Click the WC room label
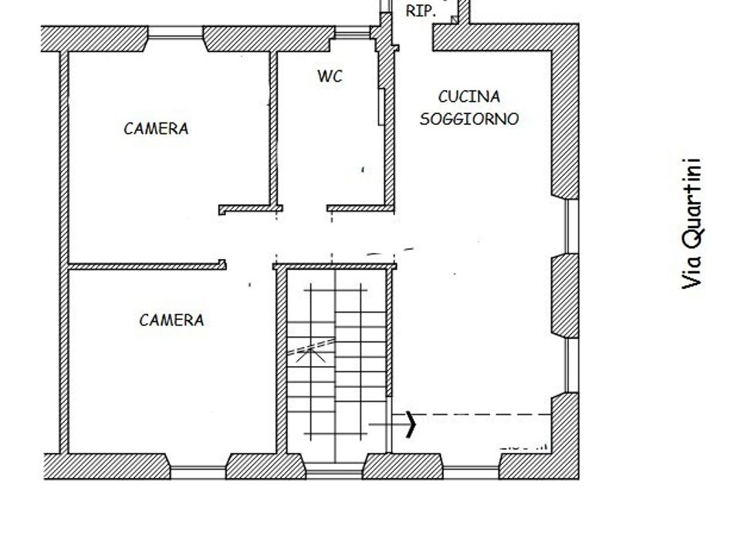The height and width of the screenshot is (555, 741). [330, 76]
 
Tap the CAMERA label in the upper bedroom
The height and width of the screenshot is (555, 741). [156, 129]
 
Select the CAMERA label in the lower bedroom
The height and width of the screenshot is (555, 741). [171, 321]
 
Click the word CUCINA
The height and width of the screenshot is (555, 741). [469, 97]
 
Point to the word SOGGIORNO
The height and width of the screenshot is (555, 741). [469, 119]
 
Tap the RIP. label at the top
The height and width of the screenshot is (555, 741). [421, 12]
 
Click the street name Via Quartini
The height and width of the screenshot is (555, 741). [692, 224]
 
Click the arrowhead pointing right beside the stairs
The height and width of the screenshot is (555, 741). [411, 424]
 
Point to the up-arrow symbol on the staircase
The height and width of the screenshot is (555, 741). [310, 355]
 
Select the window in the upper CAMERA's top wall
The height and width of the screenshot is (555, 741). [176, 32]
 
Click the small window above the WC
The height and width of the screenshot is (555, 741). [353, 32]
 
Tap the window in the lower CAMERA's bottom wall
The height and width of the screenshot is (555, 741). [198, 473]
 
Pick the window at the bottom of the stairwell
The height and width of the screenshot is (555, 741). [334, 470]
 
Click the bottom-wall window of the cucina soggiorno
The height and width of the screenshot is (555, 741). [471, 472]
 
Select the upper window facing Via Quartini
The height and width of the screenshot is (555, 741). [572, 226]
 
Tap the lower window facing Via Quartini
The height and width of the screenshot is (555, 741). [572, 365]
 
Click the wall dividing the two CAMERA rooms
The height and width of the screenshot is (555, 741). [147, 266]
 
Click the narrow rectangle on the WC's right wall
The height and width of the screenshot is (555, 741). [381, 107]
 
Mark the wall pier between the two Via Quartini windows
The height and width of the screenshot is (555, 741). [565, 296]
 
